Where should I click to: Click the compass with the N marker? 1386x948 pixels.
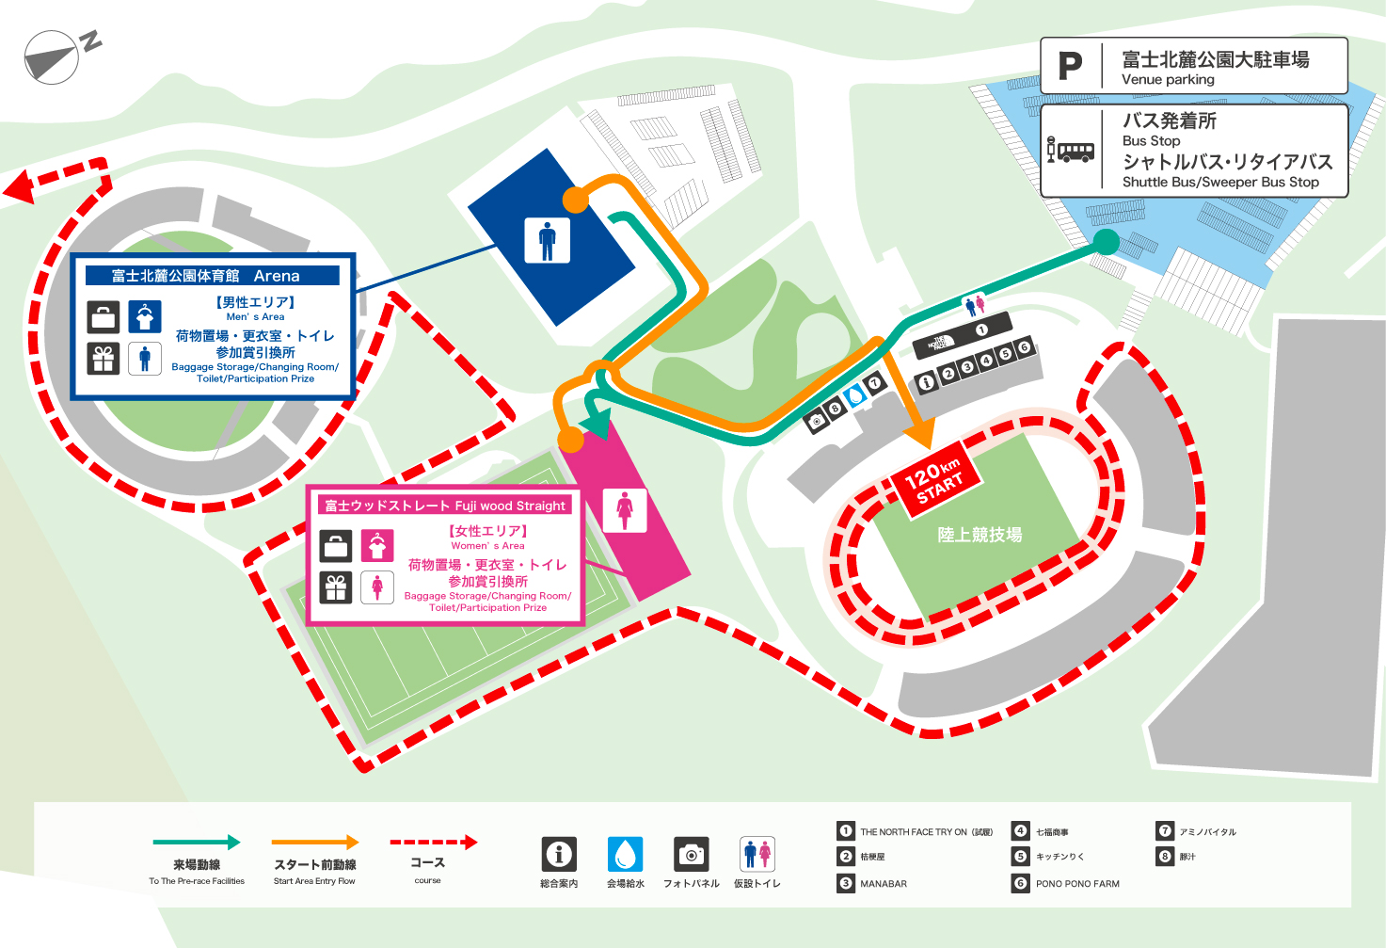52,57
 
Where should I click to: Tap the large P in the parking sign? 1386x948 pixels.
1070,66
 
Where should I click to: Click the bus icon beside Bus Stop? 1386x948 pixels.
1071,151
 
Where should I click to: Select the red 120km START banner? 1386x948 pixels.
935,478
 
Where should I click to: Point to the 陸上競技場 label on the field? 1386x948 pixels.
980,535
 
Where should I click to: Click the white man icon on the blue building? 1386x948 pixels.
547,239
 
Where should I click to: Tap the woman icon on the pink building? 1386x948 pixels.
625,510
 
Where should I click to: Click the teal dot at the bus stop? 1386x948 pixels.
1107,242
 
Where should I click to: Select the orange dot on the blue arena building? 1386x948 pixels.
575,199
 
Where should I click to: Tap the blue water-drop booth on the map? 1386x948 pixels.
854,395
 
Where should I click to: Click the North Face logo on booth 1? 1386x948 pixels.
941,342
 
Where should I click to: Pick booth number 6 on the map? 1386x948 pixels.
1024,347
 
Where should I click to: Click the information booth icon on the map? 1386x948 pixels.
926,382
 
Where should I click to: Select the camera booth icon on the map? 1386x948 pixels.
816,421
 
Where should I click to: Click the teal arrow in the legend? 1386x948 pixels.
197,843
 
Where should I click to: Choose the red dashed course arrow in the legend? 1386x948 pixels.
433,843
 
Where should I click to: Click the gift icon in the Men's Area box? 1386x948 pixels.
104,359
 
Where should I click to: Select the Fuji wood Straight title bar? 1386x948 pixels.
445,506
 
